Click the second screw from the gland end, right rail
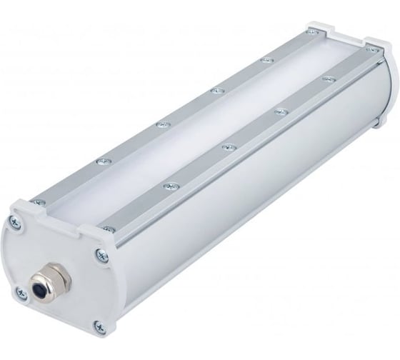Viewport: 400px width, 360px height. coord(228,146)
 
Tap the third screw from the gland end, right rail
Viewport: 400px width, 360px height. coord(279,111)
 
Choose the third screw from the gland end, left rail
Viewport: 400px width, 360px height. coord(214,91)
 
